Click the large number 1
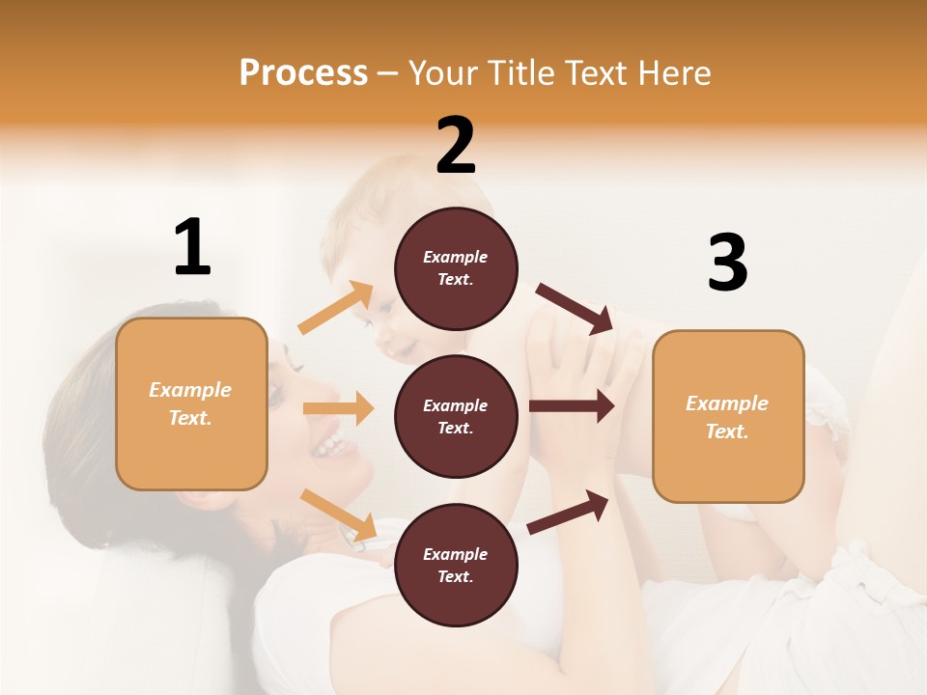(192, 247)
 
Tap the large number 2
(456, 145)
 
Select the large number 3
(727, 264)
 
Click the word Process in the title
(303, 72)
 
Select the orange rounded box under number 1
(191, 403)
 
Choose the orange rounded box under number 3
(728, 417)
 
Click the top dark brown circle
(456, 268)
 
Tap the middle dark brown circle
(456, 417)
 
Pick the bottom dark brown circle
(456, 566)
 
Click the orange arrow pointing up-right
(336, 308)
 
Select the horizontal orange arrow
(338, 408)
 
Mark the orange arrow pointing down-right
(338, 514)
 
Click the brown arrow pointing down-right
(575, 308)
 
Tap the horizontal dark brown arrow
(571, 406)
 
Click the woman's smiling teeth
(330, 445)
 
